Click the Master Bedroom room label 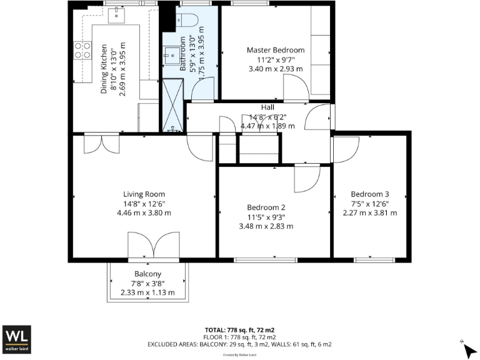(275, 50)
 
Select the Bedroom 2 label (266, 207)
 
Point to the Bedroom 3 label (369, 194)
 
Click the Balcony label (147, 274)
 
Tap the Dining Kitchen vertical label (104, 69)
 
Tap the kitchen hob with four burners (82, 50)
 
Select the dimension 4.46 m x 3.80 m (144, 212)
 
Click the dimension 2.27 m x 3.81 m (369, 212)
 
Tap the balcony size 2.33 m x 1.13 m (147, 292)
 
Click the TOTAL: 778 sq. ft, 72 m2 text (240, 329)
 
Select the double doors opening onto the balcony (147, 246)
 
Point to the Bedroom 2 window (256, 259)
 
